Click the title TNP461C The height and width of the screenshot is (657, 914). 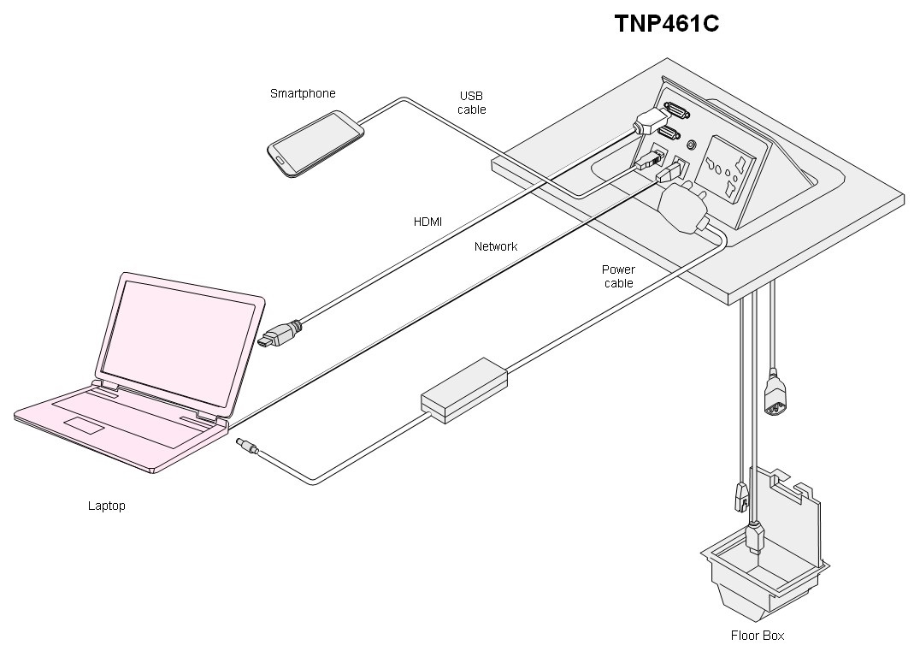(666, 24)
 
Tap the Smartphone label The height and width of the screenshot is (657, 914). (303, 93)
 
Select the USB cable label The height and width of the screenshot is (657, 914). (471, 103)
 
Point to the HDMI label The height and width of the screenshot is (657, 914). (428, 222)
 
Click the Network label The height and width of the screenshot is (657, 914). (496, 246)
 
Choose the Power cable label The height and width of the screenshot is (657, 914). (618, 275)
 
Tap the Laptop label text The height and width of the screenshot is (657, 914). (107, 506)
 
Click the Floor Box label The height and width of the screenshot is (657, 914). (757, 635)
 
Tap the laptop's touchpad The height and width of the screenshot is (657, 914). (87, 425)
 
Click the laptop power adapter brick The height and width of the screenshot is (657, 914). (464, 391)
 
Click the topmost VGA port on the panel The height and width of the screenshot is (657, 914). (672, 110)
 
